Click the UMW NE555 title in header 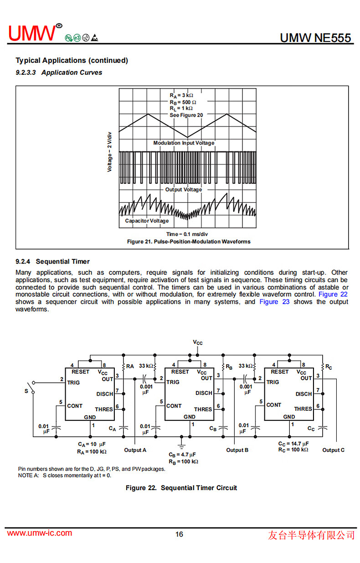pos(316,37)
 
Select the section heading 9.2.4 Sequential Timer pos(52,262)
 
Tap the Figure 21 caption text pos(189,242)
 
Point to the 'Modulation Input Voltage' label pos(184,143)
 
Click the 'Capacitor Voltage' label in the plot pos(147,221)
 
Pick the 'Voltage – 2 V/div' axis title pos(109,152)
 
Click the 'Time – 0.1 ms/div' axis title pos(187,234)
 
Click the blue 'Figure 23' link pos(274,302)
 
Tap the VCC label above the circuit pos(197,342)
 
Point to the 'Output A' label pos(135,450)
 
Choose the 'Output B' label pos(237,450)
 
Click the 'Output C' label pos(334,450)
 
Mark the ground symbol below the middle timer pos(181,443)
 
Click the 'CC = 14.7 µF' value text pos(293,444)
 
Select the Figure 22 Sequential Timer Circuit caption pos(181,488)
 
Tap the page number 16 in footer pos(180,534)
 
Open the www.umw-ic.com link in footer pos(40,533)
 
